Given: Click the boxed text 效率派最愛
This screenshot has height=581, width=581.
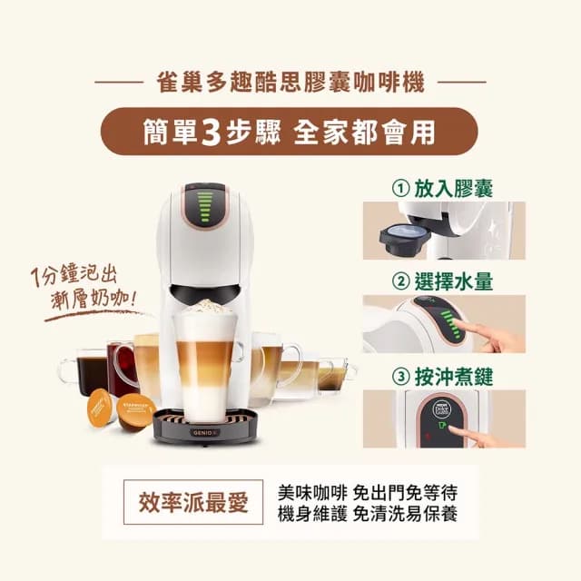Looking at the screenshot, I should [x=193, y=502].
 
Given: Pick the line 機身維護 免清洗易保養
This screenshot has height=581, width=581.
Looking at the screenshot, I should [x=367, y=513].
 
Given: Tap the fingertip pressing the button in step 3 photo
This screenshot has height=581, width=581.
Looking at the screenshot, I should [x=453, y=428].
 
